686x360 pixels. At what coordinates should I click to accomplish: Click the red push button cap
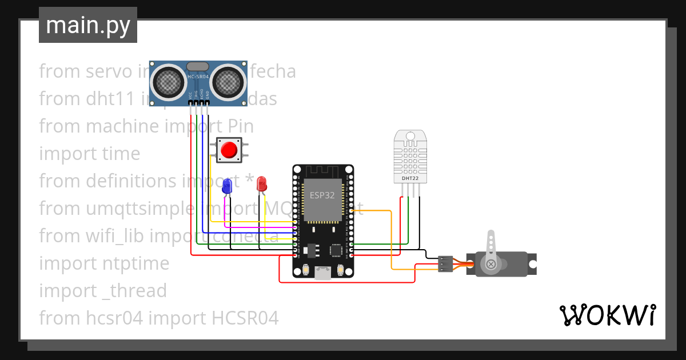coord(229,150)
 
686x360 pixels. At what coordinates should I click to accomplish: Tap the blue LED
coord(227,185)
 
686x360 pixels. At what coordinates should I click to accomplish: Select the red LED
coord(261,183)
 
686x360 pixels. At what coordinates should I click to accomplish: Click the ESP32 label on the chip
coord(322,195)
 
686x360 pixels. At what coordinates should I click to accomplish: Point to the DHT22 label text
coord(410,178)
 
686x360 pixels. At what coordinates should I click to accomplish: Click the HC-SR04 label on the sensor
coord(198,77)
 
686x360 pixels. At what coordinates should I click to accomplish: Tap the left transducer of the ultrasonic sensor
coord(169,81)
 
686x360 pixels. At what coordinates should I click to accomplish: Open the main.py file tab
coord(88,25)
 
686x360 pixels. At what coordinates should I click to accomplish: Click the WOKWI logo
coord(607,315)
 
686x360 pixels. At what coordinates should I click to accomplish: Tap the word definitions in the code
coord(131,181)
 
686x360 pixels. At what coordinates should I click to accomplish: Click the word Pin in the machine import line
coord(240,126)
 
